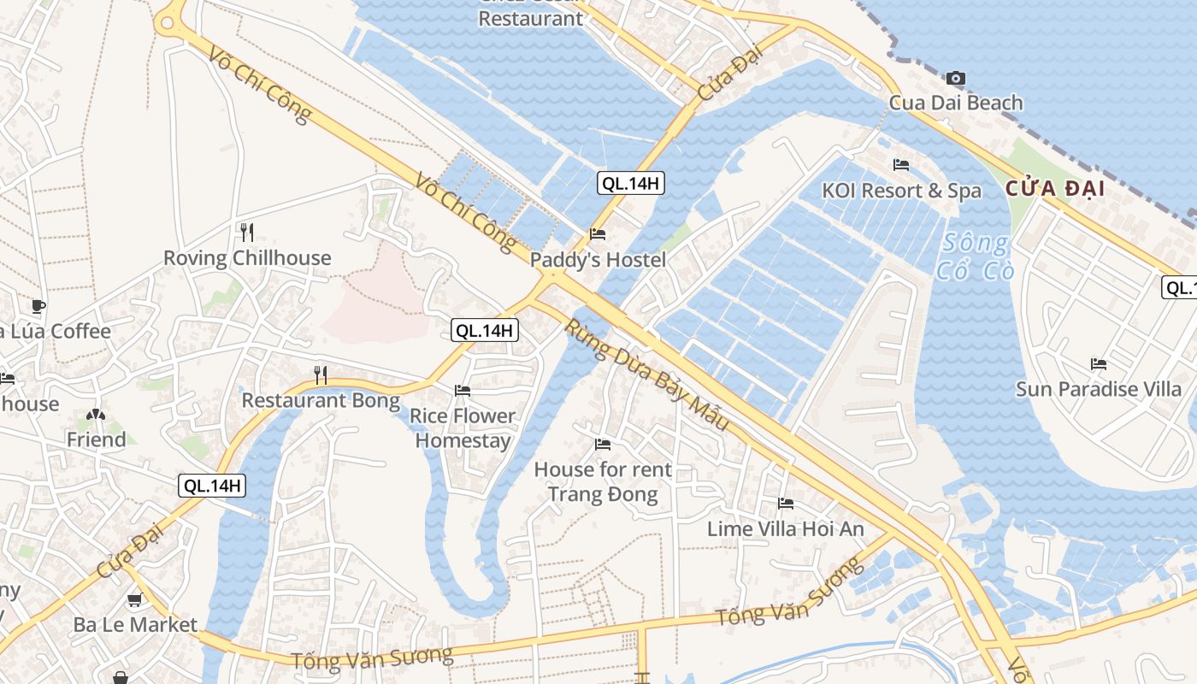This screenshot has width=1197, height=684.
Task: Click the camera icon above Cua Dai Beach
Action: [956, 79]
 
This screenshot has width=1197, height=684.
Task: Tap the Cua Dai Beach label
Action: [956, 103]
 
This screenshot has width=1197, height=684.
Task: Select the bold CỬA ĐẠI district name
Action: [1055, 188]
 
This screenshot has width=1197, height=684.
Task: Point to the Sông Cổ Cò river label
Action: [976, 256]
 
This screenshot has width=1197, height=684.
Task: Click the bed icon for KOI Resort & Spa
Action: [901, 165]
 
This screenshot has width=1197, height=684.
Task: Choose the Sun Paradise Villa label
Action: [1099, 390]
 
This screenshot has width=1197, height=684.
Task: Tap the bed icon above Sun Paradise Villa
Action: [1099, 364]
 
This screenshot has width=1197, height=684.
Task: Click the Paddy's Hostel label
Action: [598, 260]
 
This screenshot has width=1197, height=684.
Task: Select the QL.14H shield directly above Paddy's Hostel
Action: [631, 182]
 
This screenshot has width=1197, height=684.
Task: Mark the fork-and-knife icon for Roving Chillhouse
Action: [247, 232]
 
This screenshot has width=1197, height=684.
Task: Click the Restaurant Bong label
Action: [321, 400]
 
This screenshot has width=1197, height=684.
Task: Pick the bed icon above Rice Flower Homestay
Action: [463, 391]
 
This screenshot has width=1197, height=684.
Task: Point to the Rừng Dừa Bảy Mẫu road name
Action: [647, 374]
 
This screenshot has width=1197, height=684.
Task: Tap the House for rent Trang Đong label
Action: [603, 481]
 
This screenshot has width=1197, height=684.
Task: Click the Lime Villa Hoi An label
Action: [786, 529]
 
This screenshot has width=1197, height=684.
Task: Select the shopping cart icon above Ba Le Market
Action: [134, 600]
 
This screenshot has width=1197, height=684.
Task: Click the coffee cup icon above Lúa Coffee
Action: [38, 306]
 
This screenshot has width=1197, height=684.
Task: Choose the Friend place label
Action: [96, 440]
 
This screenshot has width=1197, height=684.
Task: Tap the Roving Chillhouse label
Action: [247, 258]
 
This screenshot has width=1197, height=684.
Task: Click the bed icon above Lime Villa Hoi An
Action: [786, 504]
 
